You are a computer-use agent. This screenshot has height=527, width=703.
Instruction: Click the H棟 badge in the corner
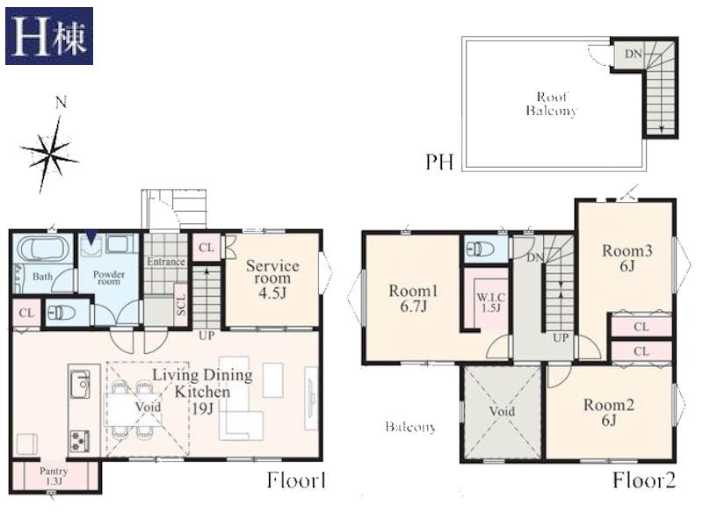49,36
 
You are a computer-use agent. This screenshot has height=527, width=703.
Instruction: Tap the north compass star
50,152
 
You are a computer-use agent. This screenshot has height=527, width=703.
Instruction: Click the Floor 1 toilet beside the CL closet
62,313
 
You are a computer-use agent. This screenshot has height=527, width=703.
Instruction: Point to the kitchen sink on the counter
81,384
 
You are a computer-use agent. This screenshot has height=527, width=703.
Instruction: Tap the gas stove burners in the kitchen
79,442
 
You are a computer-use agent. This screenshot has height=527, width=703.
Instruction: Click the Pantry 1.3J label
54,476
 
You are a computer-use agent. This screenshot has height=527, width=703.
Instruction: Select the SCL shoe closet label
180,304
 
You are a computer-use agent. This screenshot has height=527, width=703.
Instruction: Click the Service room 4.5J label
272,278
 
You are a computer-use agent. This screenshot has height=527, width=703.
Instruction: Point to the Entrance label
166,262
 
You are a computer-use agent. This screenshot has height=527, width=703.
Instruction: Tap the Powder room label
109,278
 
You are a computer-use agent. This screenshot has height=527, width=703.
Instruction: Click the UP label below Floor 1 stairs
207,336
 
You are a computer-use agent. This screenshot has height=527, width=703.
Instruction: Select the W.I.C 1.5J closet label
491,302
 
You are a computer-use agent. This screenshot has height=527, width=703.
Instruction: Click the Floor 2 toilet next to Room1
481,248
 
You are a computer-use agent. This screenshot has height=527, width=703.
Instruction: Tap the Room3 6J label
627,258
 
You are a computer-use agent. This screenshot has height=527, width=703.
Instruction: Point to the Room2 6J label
608,412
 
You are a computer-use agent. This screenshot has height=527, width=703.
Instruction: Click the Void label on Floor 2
502,411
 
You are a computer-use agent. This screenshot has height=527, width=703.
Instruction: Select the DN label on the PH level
634,54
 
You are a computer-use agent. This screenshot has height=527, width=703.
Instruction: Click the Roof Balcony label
552,104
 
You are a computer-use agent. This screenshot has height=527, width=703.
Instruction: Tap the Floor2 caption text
644,480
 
